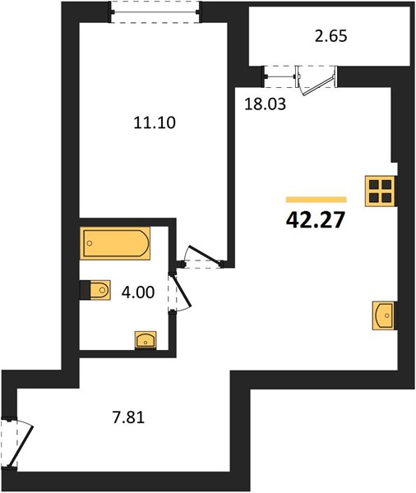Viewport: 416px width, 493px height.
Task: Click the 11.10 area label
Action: (x=155, y=123)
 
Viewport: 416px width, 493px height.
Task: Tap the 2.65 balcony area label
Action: (x=331, y=36)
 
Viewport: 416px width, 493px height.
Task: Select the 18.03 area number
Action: (x=265, y=104)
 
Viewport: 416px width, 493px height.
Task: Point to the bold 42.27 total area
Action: (x=316, y=220)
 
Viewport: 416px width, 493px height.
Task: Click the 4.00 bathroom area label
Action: (x=138, y=293)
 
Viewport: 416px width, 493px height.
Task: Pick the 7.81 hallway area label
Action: (x=129, y=418)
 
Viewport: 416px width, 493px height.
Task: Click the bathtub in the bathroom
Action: (x=115, y=243)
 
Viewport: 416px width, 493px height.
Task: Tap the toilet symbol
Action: (x=95, y=289)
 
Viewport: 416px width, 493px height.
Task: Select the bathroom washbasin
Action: (x=146, y=340)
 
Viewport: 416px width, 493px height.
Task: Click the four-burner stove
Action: (x=381, y=191)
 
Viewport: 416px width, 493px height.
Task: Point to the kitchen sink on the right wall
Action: (x=384, y=316)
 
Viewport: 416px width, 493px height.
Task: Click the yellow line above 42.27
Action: (x=316, y=200)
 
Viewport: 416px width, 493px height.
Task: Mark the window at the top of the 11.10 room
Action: (x=155, y=12)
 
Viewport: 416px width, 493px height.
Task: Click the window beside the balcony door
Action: (x=280, y=76)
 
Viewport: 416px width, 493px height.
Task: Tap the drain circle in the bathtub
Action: (x=90, y=243)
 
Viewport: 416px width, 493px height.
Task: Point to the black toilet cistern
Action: (x=85, y=289)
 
